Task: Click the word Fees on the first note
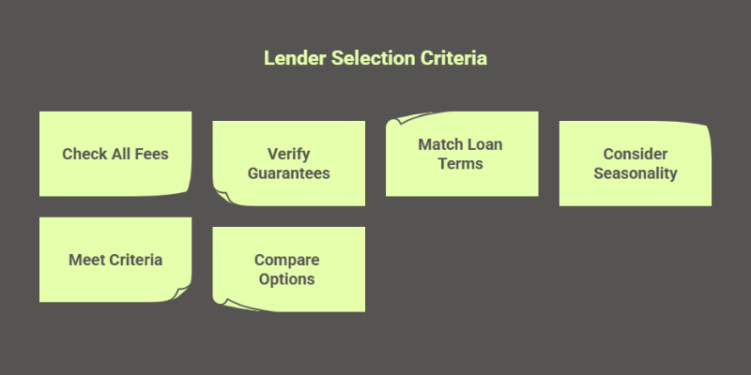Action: click(149, 154)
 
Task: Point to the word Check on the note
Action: click(84, 154)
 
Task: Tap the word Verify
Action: click(288, 154)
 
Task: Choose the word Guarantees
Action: click(288, 173)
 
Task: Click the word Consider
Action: click(635, 154)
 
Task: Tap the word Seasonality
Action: click(635, 173)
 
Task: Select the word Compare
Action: click(288, 260)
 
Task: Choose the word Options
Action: click(288, 279)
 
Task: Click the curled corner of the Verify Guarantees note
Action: click(222, 197)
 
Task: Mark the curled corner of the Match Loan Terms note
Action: click(395, 120)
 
